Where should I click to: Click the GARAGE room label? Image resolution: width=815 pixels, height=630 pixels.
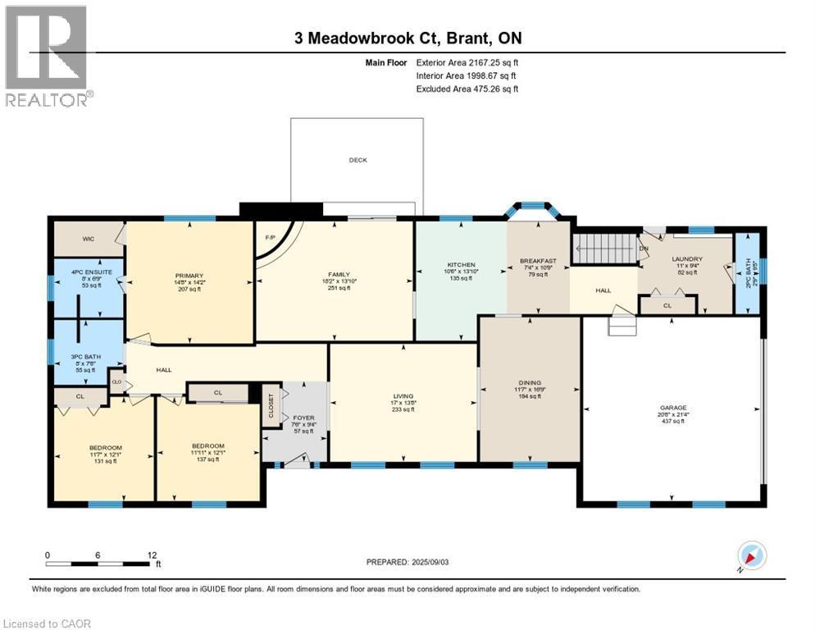click(673, 408)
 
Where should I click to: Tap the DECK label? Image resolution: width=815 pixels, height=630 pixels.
click(357, 161)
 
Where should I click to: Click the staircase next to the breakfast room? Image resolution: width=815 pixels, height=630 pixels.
click(602, 247)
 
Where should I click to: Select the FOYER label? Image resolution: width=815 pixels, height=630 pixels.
click(303, 417)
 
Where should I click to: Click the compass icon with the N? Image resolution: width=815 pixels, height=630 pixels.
click(751, 555)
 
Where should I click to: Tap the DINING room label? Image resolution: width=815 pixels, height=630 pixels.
click(529, 381)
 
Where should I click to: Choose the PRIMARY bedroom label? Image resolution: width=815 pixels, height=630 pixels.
click(189, 275)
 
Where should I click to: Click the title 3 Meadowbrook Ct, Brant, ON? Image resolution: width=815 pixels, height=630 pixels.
click(407, 38)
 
